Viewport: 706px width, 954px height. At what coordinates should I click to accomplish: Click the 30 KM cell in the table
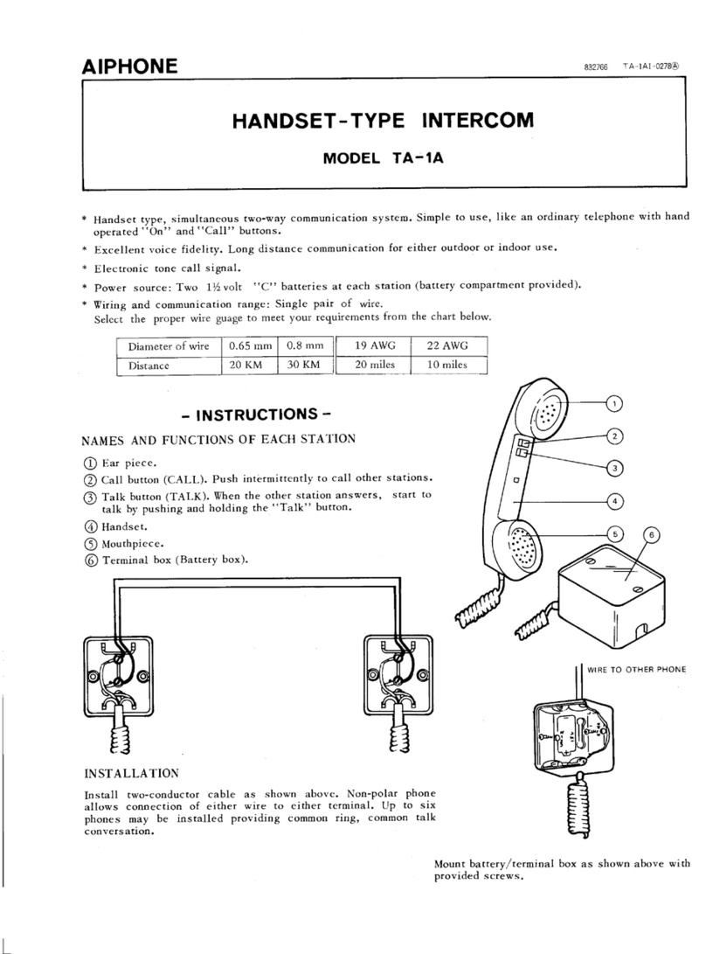coord(300,365)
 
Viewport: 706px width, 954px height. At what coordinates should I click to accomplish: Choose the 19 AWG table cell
coord(375,345)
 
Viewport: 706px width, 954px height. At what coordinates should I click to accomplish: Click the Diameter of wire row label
coord(169,345)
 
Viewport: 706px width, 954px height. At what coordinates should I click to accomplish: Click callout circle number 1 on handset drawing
coord(614,403)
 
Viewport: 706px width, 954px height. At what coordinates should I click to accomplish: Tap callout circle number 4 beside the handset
coord(614,500)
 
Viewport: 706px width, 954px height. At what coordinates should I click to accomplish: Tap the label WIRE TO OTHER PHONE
coord(636,669)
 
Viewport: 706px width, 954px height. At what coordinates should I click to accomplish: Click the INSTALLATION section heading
coord(131,773)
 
